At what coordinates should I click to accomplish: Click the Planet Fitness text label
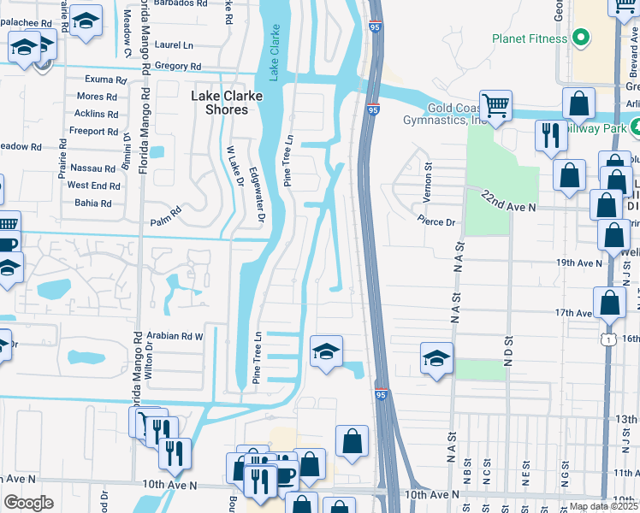click(x=530, y=38)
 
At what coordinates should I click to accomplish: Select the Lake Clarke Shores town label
click(x=219, y=103)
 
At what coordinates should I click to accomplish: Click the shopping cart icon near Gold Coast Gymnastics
click(x=495, y=105)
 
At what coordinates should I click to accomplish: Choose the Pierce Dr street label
click(x=436, y=221)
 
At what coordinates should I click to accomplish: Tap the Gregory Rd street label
click(x=178, y=66)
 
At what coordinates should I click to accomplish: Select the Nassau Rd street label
click(x=94, y=168)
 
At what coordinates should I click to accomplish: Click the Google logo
click(x=29, y=503)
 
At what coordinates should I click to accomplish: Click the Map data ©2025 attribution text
click(x=604, y=506)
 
